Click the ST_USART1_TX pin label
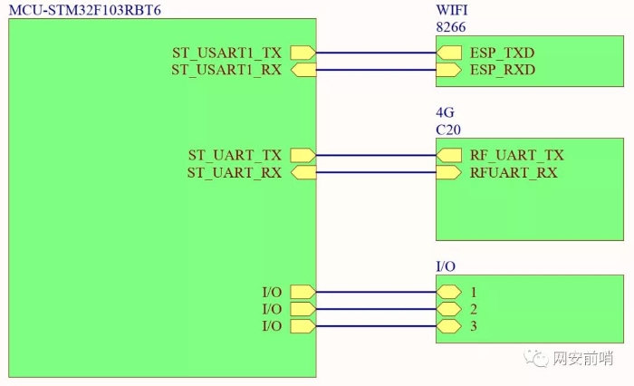point(226,53)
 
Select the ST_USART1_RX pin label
point(226,70)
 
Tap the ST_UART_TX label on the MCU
point(235,156)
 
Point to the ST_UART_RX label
point(235,172)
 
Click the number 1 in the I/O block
point(474,293)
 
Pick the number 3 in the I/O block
point(474,325)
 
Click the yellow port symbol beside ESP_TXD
point(448,53)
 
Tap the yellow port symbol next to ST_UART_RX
point(303,172)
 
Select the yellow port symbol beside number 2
point(448,309)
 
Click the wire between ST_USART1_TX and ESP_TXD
point(376,53)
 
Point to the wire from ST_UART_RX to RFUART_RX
point(376,172)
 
